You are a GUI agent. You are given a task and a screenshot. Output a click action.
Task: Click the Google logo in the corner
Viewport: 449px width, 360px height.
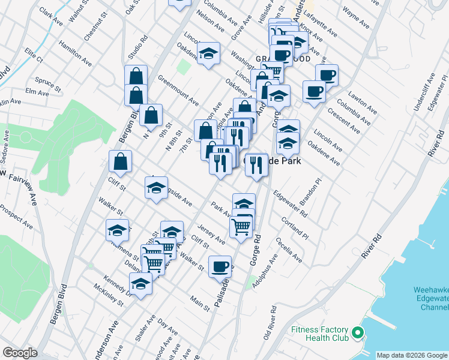[20, 353]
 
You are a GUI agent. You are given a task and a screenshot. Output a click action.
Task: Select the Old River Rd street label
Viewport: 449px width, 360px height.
[271, 325]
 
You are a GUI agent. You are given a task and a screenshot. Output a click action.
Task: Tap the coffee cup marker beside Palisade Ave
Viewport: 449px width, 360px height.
[220, 266]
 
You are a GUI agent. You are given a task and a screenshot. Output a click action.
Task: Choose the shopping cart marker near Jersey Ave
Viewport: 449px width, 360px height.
[241, 227]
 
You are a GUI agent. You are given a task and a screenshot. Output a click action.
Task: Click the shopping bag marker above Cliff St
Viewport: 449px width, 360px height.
[121, 161]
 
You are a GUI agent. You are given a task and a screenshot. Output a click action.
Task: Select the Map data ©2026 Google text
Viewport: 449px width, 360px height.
[412, 355]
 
